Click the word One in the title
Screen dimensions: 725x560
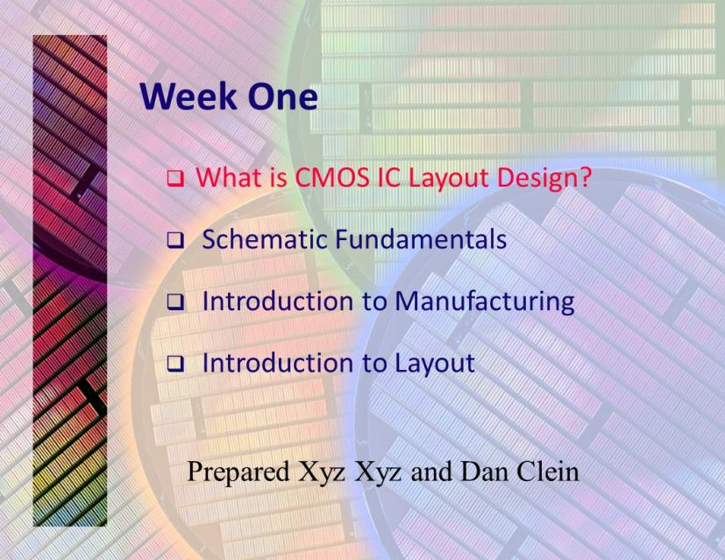[x=282, y=96]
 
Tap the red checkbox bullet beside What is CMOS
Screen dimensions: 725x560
[x=175, y=179]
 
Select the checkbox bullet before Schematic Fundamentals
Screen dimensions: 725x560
[x=175, y=239]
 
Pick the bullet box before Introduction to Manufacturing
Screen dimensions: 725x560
[x=175, y=301]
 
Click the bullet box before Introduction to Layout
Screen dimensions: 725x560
[x=175, y=364]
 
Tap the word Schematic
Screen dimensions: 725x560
[x=265, y=239]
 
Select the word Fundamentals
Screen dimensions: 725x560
[x=420, y=239]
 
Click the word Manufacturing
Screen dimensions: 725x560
[x=485, y=302]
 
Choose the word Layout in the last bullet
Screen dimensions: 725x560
[x=434, y=364]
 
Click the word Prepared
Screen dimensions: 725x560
[x=238, y=472]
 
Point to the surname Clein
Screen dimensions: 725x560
[x=548, y=471]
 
